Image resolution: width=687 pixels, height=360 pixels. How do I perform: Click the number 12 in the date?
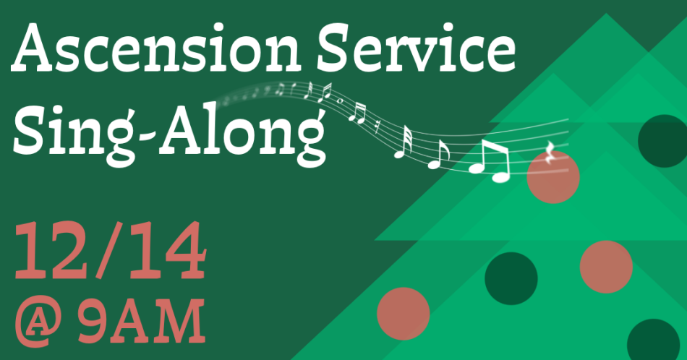[53, 250]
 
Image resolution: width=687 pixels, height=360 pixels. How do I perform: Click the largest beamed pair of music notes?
[490, 160]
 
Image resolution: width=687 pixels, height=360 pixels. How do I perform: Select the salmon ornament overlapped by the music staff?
[553, 177]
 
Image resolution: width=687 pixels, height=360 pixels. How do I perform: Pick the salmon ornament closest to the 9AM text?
[403, 314]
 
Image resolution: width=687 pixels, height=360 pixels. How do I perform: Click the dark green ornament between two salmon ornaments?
[511, 278]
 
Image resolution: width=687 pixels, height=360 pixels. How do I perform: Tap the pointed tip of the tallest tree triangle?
[607, 14]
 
